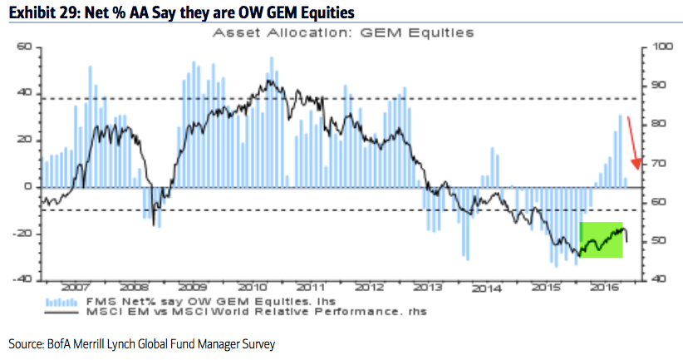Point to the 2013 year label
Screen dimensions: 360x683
tap(427, 288)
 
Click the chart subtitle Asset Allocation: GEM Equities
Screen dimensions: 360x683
tap(343, 34)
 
